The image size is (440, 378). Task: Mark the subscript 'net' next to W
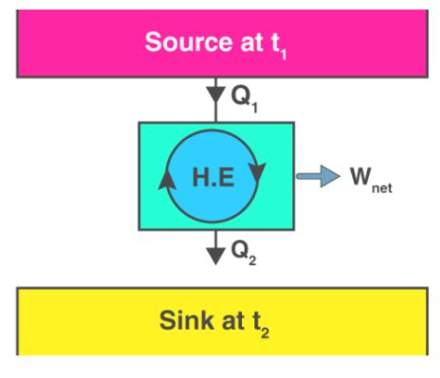[381, 187]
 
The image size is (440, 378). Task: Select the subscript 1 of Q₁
[254, 103]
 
